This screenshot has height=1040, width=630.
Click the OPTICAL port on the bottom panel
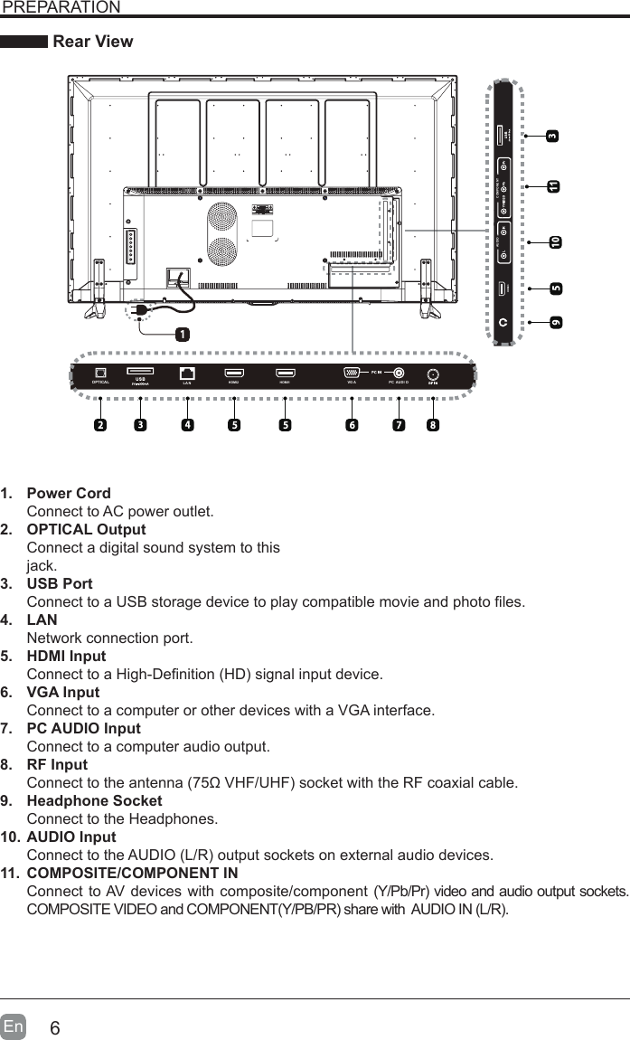(101, 373)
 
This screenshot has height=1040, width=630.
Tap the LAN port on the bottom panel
(188, 373)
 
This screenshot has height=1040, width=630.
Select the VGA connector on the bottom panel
(352, 373)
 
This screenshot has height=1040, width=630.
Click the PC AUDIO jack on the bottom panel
(399, 373)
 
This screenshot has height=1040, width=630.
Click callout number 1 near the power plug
(183, 334)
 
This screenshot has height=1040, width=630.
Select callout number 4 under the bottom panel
(187, 423)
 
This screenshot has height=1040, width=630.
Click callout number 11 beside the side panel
(552, 186)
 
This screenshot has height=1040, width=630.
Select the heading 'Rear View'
(93, 42)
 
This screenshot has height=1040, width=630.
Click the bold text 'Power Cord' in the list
(69, 494)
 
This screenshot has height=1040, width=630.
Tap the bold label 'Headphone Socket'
(95, 801)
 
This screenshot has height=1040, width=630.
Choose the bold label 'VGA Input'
(63, 693)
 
